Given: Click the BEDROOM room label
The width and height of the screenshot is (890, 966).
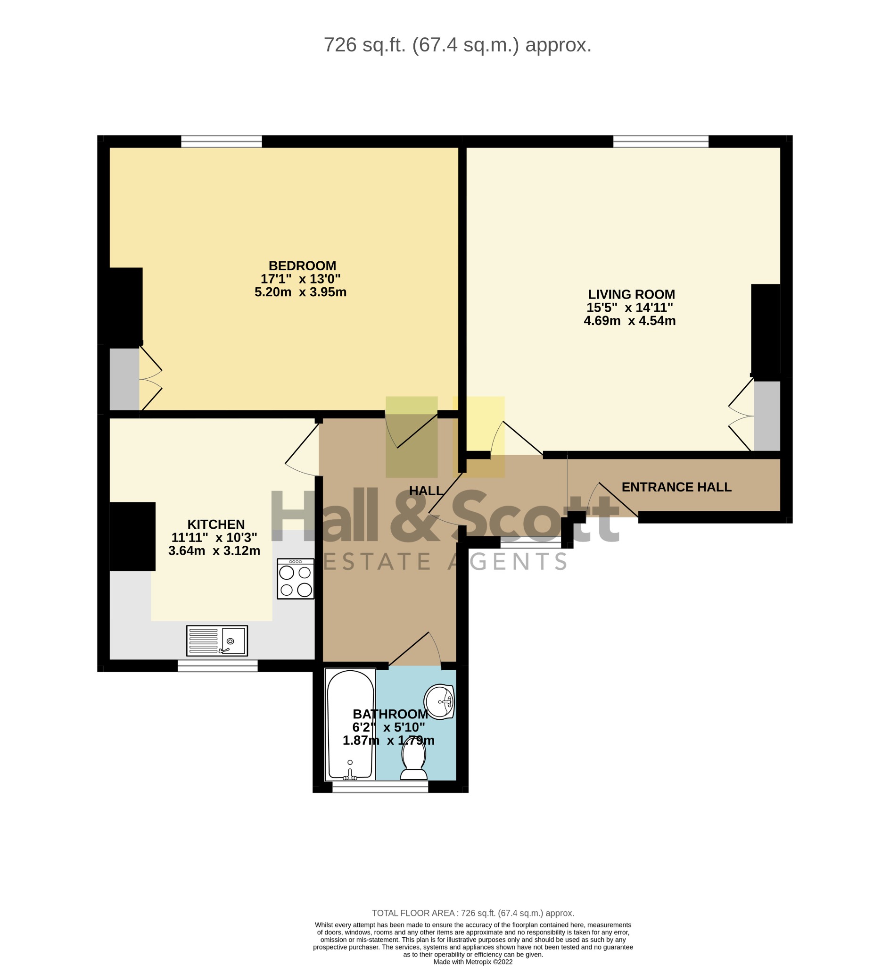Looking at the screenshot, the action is coord(302,266).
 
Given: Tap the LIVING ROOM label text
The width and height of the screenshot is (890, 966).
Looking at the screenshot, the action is coord(631,294).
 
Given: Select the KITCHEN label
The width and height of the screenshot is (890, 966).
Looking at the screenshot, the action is coord(216,524).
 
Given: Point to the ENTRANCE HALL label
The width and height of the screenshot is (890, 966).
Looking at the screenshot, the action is coord(676,487).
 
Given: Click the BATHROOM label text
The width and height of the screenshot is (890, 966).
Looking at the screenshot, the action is coord(390,714).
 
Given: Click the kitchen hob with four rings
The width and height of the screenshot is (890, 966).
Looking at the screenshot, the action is coord(296,579).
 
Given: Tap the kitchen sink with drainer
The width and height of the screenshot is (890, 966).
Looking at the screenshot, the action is coord(217,641).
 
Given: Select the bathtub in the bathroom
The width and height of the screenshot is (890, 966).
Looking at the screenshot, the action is coord(350,724).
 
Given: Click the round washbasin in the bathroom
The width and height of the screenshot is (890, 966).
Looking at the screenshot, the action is coord(439,702).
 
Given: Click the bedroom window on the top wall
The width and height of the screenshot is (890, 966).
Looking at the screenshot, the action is coord(222,141).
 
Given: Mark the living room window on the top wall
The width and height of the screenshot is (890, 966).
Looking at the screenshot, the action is coord(661,141).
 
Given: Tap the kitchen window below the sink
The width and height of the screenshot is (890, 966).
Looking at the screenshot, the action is coord(218,666).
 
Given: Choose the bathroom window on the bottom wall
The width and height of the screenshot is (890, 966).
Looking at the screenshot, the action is coord(380,786).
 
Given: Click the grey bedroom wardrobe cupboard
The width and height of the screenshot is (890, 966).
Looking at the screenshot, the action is coord(124,379).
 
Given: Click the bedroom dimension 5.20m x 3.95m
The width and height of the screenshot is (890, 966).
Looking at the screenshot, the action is coord(301,292).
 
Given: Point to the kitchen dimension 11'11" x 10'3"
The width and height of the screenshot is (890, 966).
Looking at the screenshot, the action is coord(214,537).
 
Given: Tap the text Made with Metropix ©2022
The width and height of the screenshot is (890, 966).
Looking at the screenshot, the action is coord(473,962).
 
